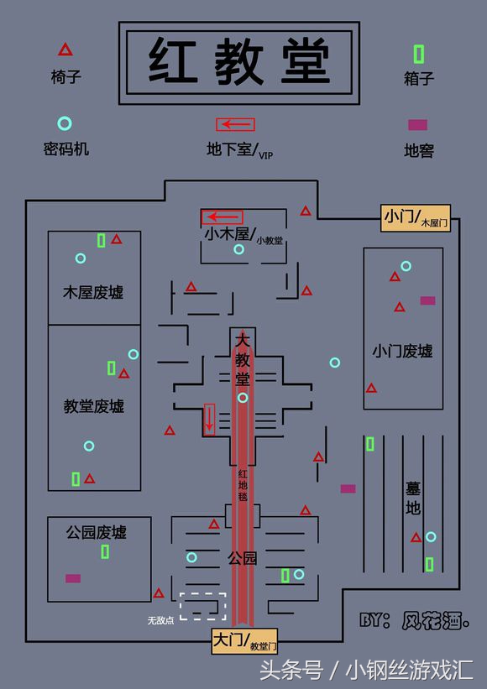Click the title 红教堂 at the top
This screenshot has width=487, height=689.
240,61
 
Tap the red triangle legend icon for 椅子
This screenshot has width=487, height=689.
65,50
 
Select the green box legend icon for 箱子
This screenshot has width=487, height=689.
418,54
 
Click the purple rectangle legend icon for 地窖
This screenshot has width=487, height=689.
417,125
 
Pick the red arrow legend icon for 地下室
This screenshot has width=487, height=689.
235,124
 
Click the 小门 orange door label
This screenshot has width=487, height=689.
416,217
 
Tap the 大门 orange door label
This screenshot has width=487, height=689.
243,642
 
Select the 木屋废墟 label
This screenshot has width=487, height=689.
93,292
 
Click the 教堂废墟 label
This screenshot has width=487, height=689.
94,405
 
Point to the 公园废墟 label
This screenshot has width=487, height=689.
97,532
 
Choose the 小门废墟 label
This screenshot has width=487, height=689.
402,351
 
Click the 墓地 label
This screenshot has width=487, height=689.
413,497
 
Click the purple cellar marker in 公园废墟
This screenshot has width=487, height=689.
73,578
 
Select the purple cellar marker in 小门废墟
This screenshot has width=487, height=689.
427,300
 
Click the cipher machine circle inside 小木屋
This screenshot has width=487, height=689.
239,249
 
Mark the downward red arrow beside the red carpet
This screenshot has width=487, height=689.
209,418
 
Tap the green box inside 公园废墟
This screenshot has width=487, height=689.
105,551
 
